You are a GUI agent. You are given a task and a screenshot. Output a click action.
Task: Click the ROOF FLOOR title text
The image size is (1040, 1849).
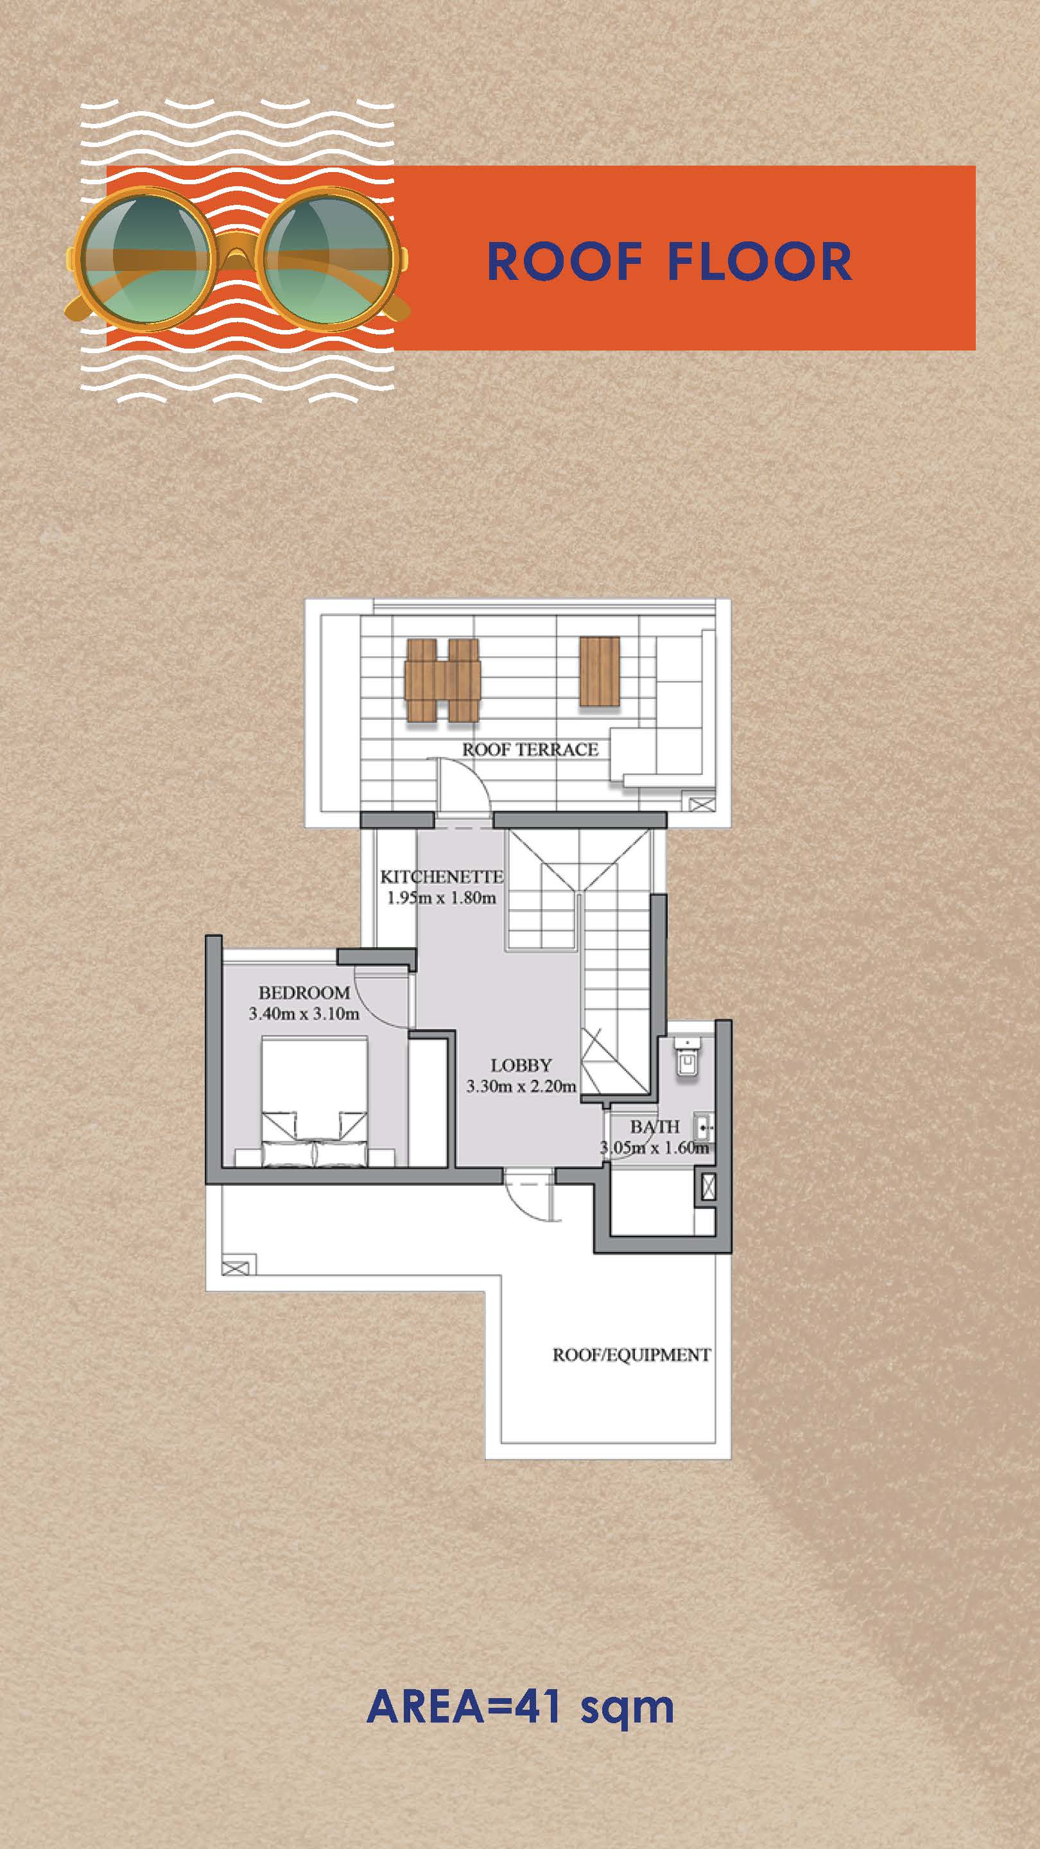pyautogui.click(x=669, y=261)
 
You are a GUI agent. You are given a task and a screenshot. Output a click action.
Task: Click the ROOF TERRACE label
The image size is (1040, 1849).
pyautogui.click(x=530, y=749)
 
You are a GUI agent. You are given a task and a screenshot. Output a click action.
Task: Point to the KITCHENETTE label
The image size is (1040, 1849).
pyautogui.click(x=442, y=876)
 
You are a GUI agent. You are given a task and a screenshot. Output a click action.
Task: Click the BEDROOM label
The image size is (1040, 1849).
pyautogui.click(x=304, y=993)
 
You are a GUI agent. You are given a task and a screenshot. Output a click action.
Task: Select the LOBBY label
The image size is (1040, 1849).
pyautogui.click(x=521, y=1065)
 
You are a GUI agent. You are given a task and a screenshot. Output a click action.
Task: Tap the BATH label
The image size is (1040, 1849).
pyautogui.click(x=655, y=1127)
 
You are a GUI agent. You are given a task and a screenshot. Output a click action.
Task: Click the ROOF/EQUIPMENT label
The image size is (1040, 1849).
pyautogui.click(x=632, y=1355)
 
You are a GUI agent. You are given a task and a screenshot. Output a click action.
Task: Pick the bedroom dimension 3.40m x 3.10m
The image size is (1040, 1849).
pyautogui.click(x=304, y=1014)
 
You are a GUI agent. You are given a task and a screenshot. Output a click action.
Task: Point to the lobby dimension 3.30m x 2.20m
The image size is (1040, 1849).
pyautogui.click(x=521, y=1086)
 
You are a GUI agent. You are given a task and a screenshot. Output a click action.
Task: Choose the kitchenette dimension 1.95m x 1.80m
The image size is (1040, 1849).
pyautogui.click(x=442, y=898)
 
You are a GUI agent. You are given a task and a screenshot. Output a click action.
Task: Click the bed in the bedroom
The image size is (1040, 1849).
pyautogui.click(x=315, y=1101)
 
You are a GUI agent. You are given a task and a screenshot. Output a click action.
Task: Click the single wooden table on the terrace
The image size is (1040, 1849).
pyautogui.click(x=600, y=671)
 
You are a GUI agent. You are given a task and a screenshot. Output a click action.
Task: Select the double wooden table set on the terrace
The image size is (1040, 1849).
pyautogui.click(x=442, y=680)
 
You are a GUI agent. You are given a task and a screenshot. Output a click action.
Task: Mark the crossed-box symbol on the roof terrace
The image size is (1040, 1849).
pyautogui.click(x=702, y=803)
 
